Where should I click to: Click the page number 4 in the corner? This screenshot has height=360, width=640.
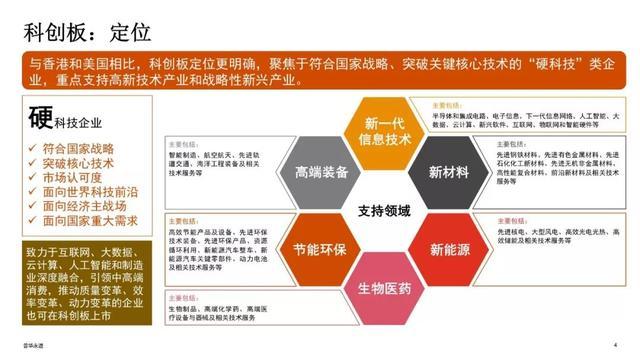pos(614,346)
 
